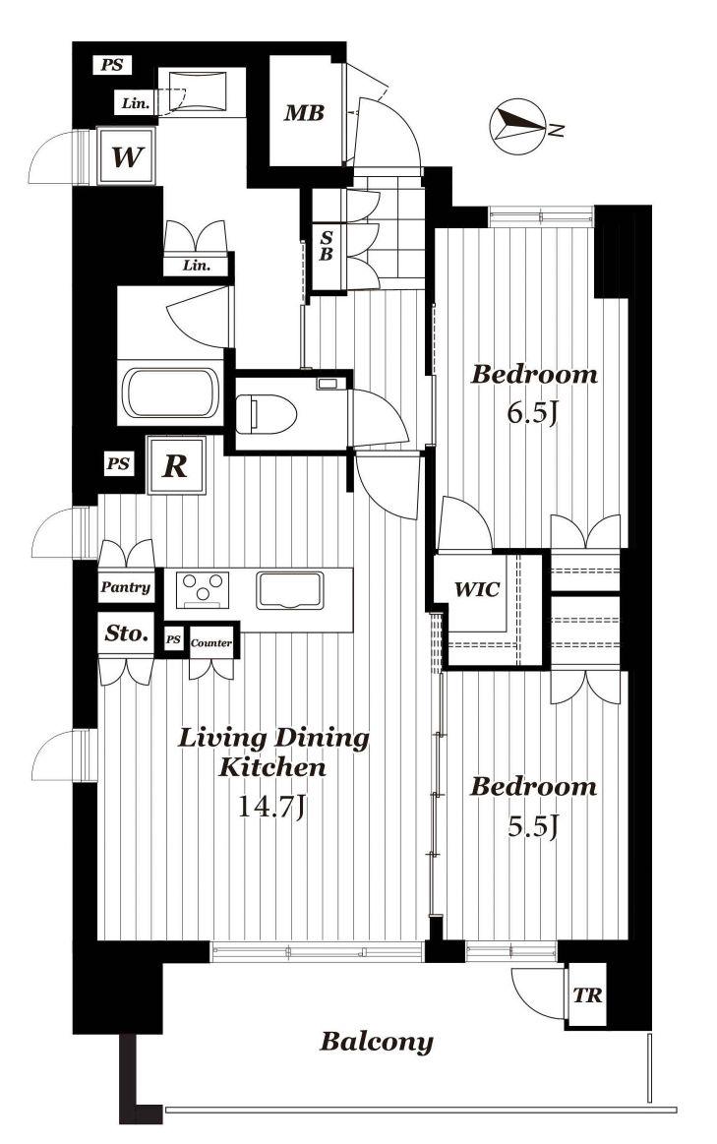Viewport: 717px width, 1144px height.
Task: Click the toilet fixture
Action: (x=268, y=414)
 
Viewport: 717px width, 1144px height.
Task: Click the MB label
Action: (x=304, y=113)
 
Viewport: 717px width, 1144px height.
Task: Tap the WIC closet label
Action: (x=477, y=589)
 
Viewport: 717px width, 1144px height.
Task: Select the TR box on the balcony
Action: (x=586, y=995)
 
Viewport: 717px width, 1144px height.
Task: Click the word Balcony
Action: (x=377, y=1041)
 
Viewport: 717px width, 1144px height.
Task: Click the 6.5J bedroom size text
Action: (x=533, y=414)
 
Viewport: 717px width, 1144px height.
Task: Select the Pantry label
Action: (x=126, y=586)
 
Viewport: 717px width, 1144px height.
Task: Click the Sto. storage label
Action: (x=127, y=633)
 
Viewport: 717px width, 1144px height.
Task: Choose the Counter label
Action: (x=210, y=642)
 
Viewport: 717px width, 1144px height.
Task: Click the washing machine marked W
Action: (x=126, y=156)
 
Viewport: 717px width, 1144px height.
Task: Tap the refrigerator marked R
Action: (x=175, y=465)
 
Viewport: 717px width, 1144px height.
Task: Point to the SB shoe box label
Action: (x=327, y=246)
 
